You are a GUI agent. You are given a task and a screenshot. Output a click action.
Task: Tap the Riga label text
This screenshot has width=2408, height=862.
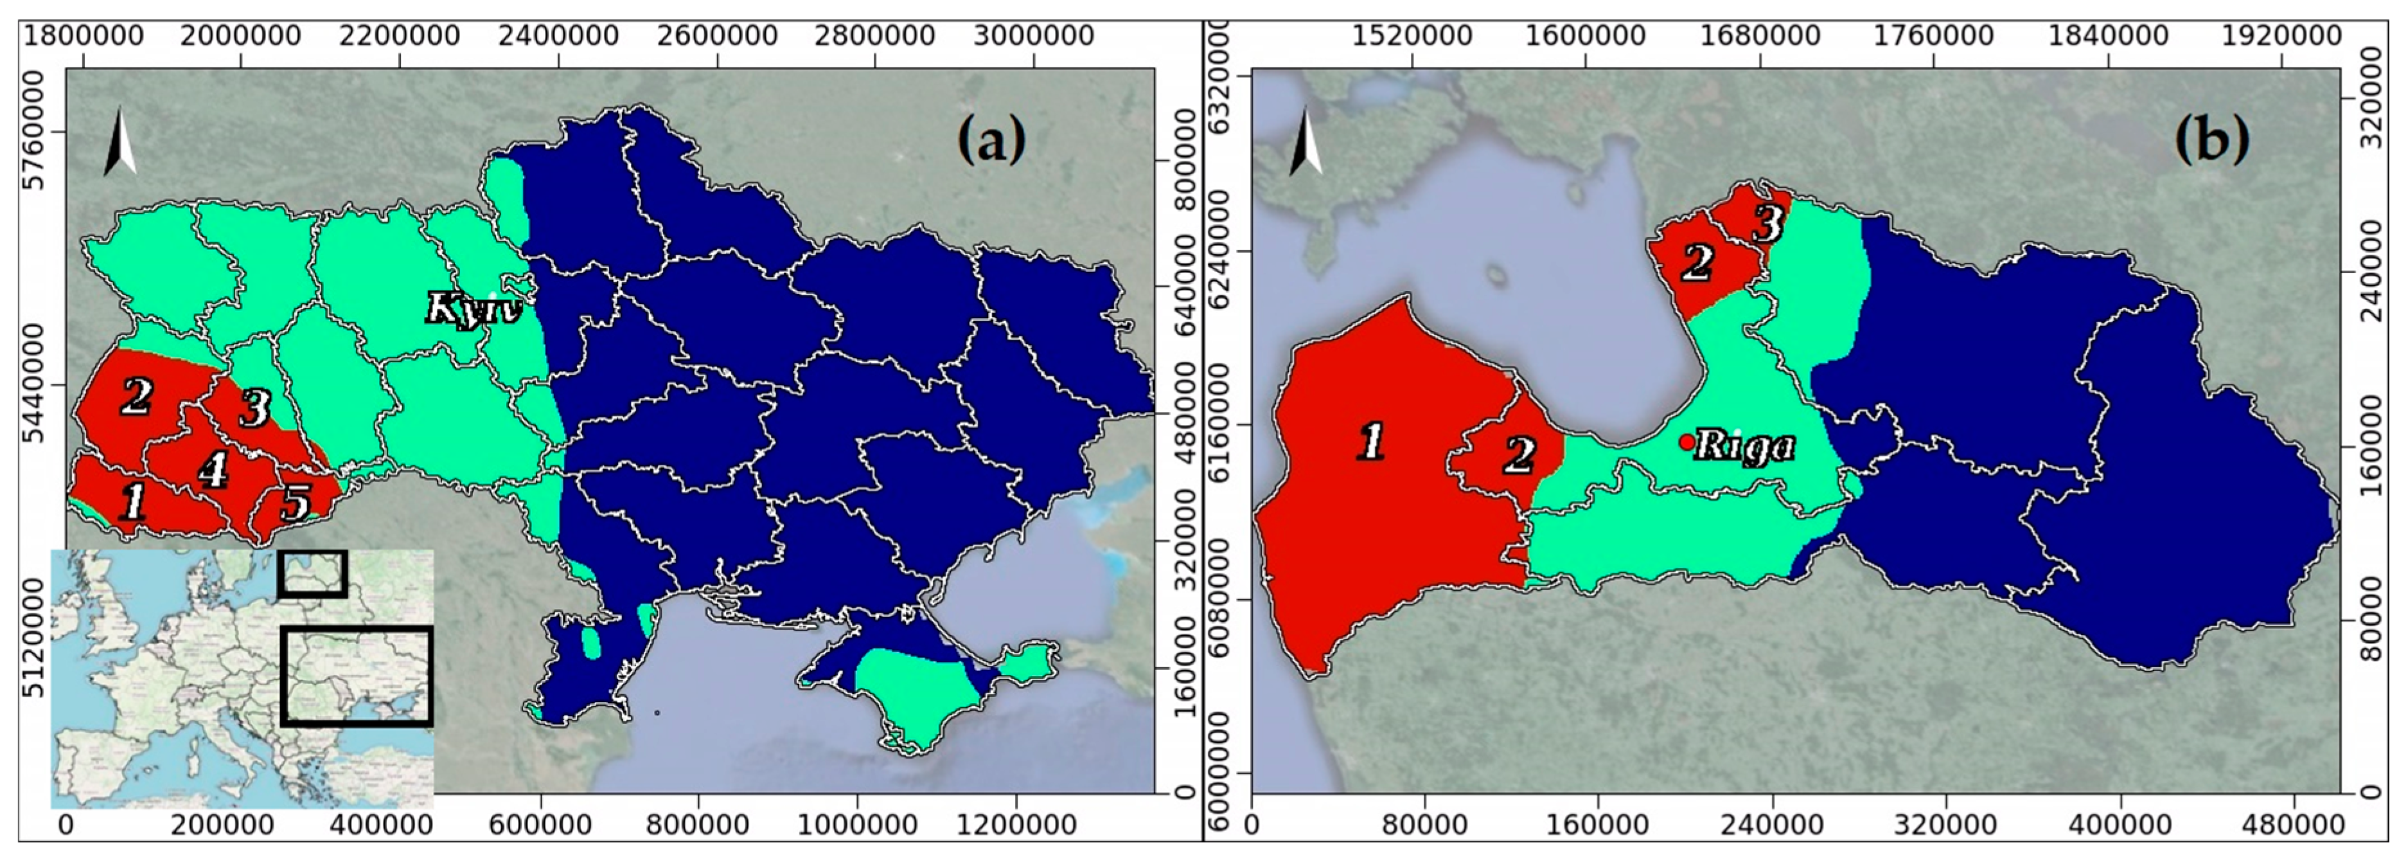click(x=1744, y=447)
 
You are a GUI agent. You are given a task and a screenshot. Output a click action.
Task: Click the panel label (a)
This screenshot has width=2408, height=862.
click(x=991, y=140)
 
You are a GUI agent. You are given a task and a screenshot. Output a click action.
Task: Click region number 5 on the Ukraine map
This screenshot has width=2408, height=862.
click(x=296, y=503)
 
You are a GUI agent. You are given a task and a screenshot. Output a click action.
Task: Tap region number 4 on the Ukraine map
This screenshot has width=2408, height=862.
click(x=213, y=469)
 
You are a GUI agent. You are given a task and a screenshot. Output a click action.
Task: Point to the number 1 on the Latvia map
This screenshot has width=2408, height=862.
click(x=1370, y=441)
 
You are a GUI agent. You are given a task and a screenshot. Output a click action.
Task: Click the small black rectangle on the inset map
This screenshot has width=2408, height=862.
click(x=312, y=574)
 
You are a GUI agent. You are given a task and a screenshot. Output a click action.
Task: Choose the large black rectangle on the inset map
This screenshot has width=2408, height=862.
click(x=356, y=676)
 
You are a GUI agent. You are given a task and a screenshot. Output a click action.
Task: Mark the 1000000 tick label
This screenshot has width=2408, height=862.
click(x=857, y=825)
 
